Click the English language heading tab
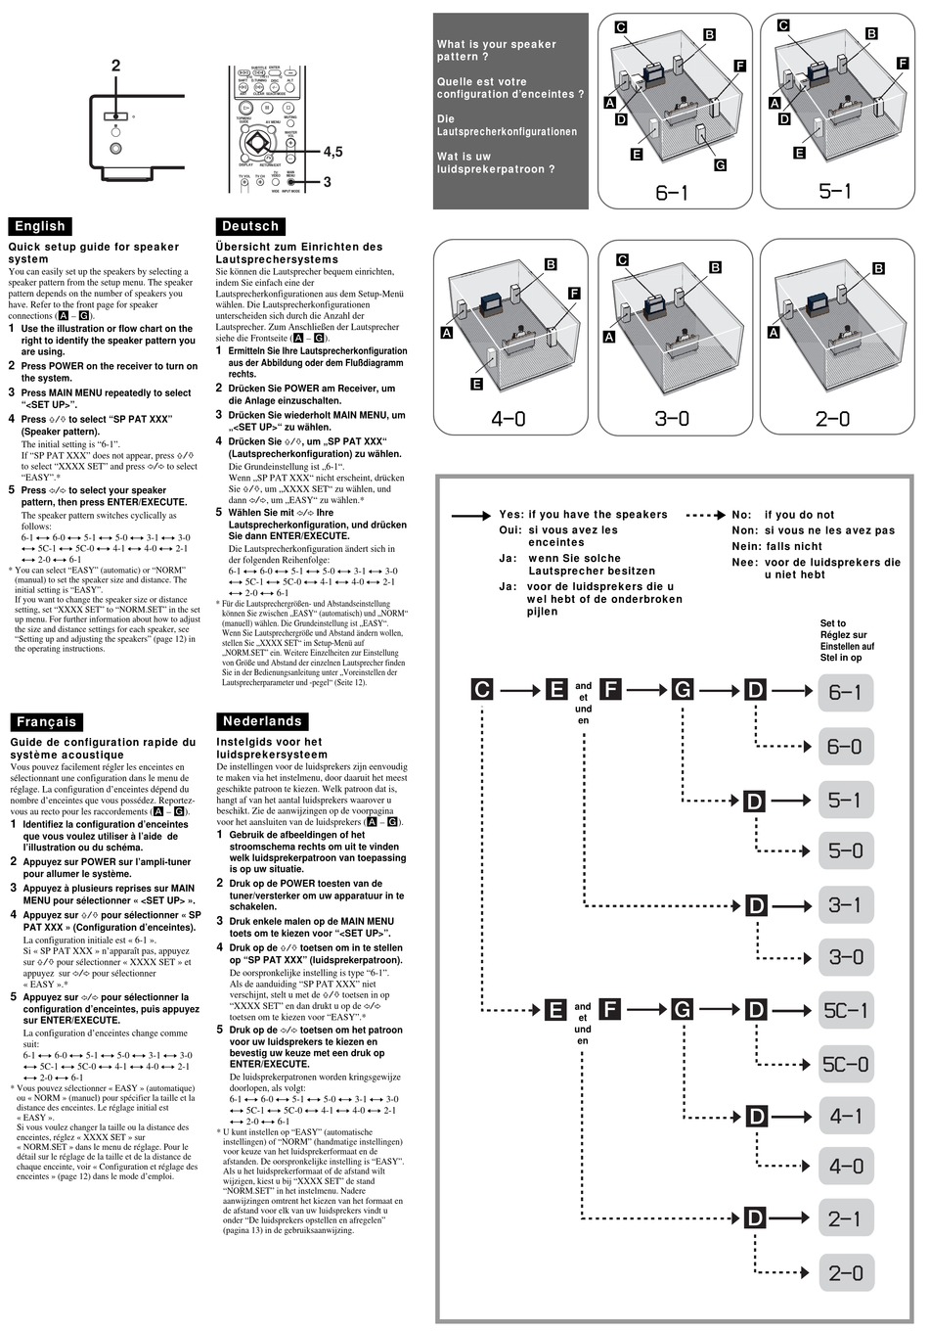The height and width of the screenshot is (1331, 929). point(40,226)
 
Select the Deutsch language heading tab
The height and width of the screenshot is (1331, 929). point(251,226)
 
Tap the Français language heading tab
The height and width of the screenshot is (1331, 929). point(46,721)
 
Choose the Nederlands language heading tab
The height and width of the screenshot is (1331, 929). point(262,721)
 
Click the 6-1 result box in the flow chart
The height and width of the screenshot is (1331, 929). point(845,693)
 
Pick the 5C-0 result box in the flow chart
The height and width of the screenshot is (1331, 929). point(845,1064)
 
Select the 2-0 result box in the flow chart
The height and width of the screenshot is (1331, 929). point(845,1273)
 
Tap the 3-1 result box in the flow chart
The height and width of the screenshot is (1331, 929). point(845,905)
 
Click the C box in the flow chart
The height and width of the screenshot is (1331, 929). point(482,690)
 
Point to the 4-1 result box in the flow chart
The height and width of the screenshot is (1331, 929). point(845,1116)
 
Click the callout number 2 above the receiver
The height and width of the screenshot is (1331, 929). point(115,66)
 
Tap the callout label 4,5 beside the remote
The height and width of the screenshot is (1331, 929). point(332,152)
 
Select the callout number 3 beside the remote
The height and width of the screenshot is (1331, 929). point(327,182)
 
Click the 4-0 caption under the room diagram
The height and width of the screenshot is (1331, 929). point(508,419)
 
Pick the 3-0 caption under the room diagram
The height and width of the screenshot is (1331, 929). point(672,419)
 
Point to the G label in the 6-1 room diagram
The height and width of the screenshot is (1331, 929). point(721,165)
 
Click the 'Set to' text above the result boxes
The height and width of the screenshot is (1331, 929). point(833,623)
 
